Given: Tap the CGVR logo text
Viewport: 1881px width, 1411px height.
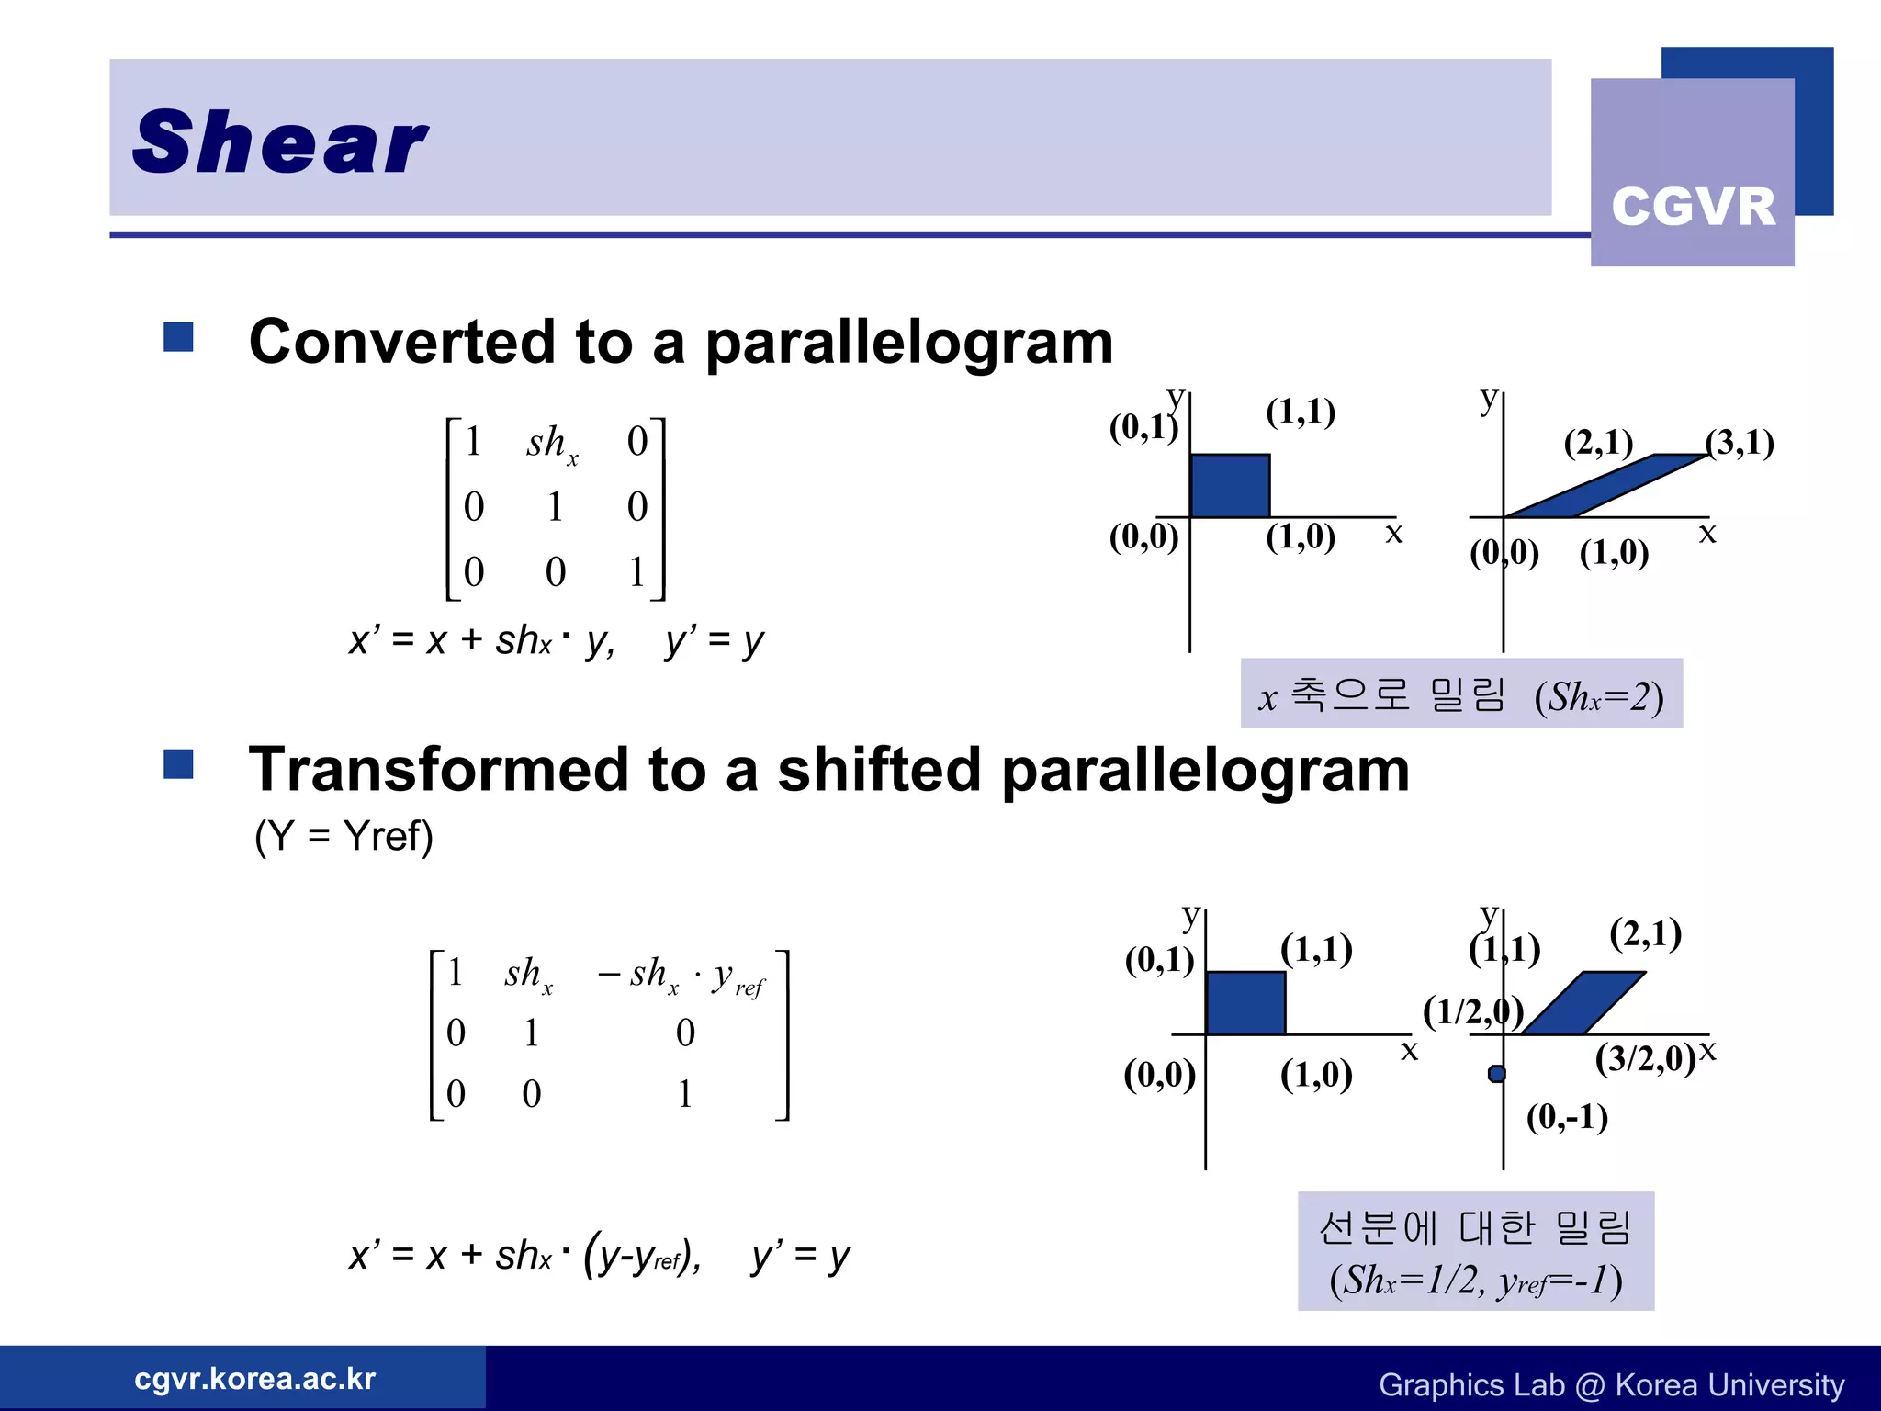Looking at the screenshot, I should [x=1693, y=207].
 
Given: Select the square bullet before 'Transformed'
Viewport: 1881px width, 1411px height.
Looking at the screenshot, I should [x=178, y=764].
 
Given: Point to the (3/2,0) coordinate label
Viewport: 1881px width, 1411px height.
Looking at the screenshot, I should [x=1645, y=1058].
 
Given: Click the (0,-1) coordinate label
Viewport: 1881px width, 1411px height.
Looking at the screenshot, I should [x=1567, y=1117].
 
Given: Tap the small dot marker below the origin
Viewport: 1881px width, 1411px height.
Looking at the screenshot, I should [x=1497, y=1074].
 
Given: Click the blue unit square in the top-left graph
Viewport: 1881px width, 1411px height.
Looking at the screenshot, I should [x=1230, y=486].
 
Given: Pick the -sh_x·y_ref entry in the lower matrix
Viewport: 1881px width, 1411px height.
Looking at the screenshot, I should [x=681, y=976].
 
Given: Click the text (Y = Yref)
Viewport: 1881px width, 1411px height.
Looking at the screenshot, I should [x=344, y=836].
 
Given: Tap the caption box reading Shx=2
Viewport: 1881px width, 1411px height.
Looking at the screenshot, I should [x=1461, y=694].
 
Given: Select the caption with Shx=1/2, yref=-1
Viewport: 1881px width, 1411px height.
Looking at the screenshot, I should [x=1475, y=1251].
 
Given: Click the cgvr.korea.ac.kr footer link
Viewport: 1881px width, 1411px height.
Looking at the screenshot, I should [x=254, y=1379].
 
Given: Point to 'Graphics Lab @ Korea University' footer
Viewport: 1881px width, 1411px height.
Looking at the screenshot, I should [x=1611, y=1384].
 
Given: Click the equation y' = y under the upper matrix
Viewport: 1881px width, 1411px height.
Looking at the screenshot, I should [x=715, y=640].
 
